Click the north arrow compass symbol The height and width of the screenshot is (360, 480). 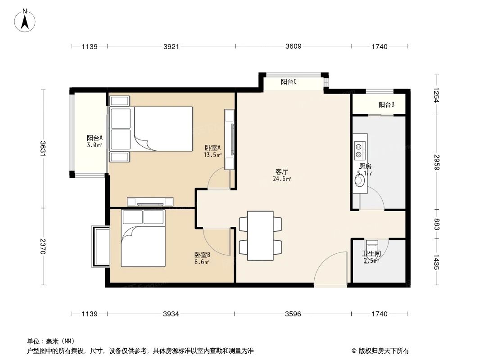click(25, 20)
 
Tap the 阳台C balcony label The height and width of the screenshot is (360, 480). click(289, 81)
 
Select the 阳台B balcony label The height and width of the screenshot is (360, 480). click(386, 104)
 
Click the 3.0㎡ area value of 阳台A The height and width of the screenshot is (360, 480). click(94, 145)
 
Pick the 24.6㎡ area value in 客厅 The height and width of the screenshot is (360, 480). click(282, 179)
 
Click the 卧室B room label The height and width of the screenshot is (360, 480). click(202, 255)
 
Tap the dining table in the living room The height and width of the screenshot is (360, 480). click(260, 235)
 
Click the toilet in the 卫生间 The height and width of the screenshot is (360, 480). click(372, 246)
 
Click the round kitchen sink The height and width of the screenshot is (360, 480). click(359, 180)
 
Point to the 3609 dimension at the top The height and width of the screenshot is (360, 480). click(293, 46)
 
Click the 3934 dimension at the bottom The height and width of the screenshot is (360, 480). click(171, 314)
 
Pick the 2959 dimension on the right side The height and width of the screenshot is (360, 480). click(436, 162)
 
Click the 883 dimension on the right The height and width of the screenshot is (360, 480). click(436, 224)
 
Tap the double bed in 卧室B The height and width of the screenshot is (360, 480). click(143, 238)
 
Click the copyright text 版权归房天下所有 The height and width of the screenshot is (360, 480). click(383, 351)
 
